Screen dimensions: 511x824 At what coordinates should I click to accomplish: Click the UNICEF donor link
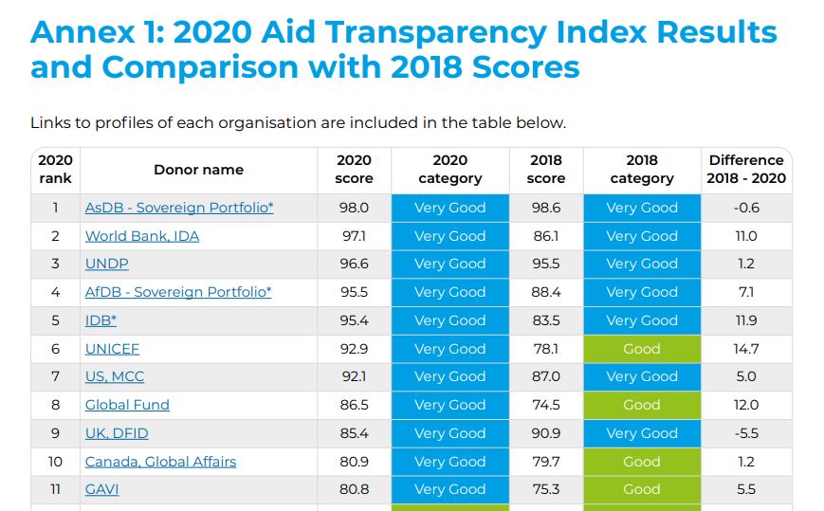coord(112,349)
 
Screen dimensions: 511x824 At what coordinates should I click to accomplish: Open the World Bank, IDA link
coord(142,236)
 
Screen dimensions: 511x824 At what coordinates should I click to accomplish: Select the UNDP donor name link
coord(106,264)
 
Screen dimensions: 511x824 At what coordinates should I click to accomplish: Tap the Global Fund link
coord(127,405)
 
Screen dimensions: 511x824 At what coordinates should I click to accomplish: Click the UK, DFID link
coord(117,433)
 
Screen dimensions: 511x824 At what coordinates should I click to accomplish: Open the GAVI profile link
coord(101,489)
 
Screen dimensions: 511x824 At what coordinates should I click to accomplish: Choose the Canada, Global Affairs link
coord(160,462)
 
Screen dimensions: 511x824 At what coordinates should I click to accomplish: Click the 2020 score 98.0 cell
coord(354,208)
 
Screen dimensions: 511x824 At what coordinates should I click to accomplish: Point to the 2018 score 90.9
coord(546,433)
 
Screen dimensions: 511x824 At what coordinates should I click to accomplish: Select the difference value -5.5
coord(746,433)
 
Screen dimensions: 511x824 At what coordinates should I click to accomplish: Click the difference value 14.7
coord(746,349)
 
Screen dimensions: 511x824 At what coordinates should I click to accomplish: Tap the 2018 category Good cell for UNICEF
coord(642,349)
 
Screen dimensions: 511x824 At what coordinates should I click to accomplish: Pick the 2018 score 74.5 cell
coord(546,405)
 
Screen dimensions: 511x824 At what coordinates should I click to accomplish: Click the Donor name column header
coord(198,170)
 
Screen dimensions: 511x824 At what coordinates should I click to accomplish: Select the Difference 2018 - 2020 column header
coord(746,170)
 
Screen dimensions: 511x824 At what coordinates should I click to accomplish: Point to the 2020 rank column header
coord(55,170)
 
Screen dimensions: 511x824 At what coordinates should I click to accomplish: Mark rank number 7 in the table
coord(55,376)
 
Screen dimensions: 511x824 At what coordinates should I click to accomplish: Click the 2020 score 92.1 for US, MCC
coord(354,376)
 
